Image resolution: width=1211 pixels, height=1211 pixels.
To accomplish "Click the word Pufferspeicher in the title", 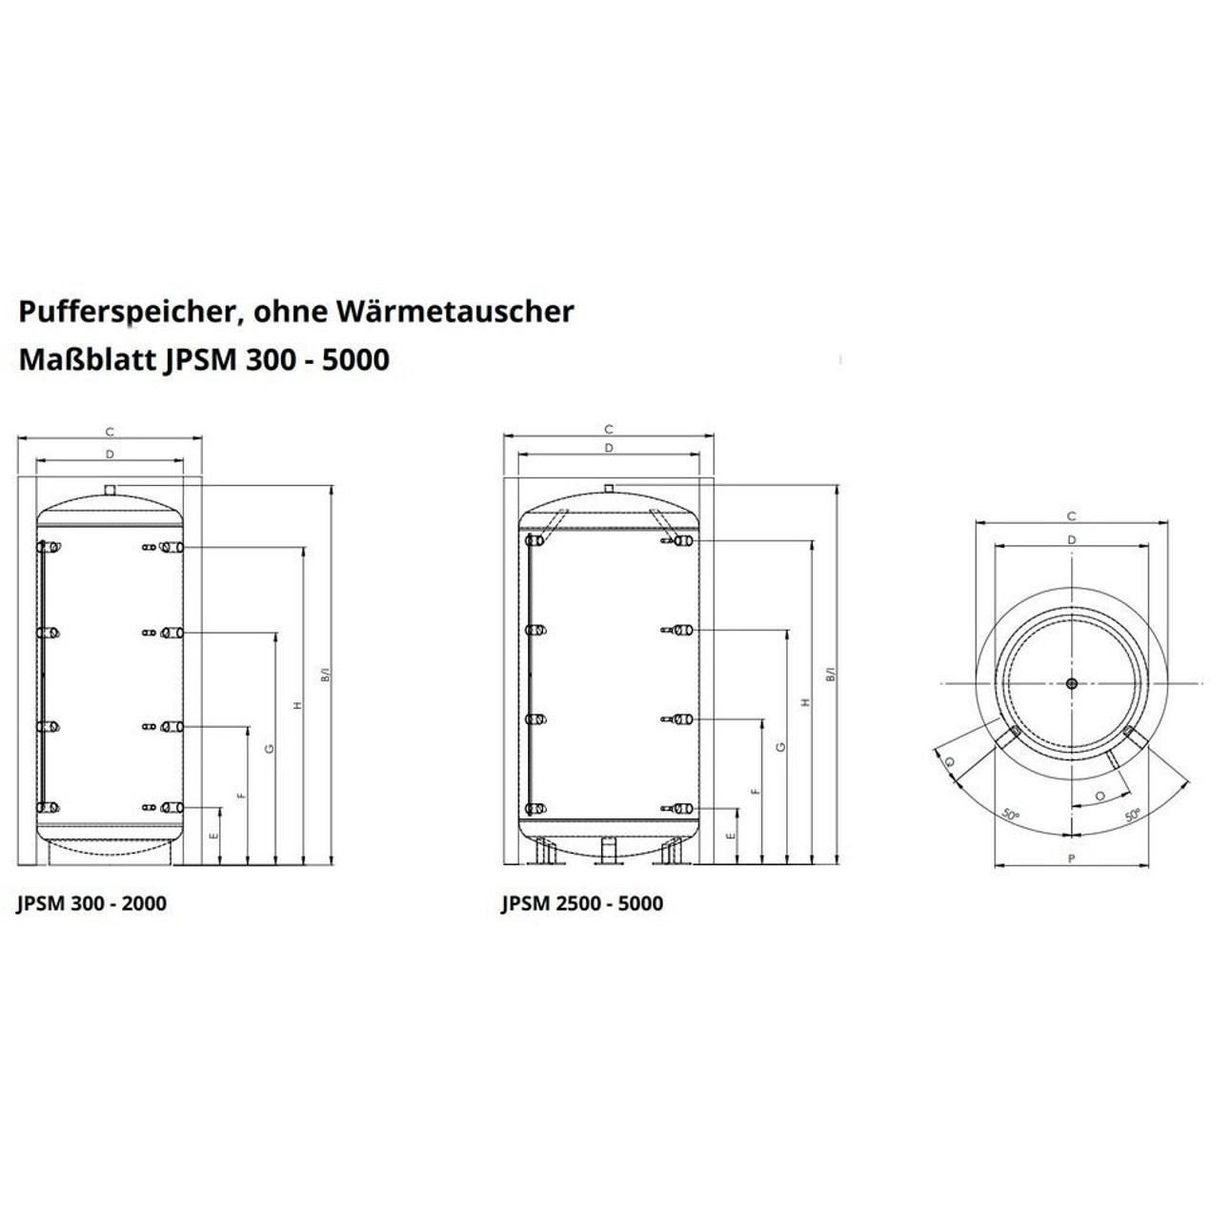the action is pyautogui.click(x=127, y=313).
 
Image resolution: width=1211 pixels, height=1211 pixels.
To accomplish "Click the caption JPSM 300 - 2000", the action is pyautogui.click(x=91, y=903).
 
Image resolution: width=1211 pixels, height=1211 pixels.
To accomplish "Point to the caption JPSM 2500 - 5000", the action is pyautogui.click(x=582, y=903).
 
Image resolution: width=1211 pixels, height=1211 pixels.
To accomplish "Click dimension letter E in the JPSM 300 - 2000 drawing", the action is pyautogui.click(x=213, y=836).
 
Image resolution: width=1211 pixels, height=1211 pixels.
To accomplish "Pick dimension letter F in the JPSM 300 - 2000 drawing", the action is pyautogui.click(x=241, y=796).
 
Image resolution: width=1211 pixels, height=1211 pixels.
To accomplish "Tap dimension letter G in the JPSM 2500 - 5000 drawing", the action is pyautogui.click(x=780, y=747).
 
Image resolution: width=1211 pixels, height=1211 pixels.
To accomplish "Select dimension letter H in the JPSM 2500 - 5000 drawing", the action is pyautogui.click(x=806, y=702).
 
